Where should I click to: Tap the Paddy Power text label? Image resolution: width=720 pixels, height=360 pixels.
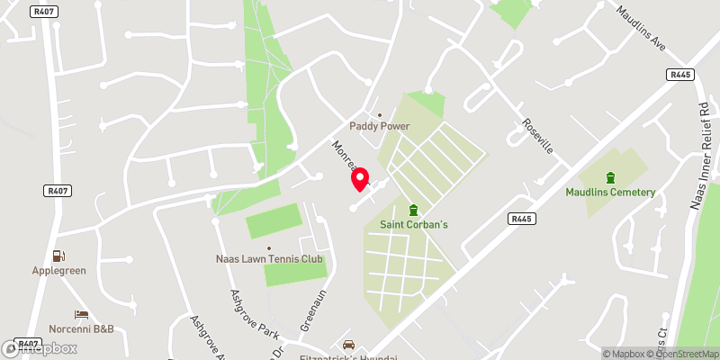pos(379,126)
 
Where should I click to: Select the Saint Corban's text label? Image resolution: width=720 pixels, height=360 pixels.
pos(414,223)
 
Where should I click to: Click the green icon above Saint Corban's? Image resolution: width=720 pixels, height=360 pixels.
pos(414,209)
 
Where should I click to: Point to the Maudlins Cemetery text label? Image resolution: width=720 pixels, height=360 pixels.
pos(610,192)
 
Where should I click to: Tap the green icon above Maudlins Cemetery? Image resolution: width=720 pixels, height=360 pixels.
pos(610,176)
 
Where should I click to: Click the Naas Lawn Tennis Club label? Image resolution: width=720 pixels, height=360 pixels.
pos(268,260)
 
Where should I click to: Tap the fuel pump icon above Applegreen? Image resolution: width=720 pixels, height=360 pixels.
pos(58,256)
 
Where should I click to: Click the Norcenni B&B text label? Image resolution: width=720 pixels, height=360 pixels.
pos(81,329)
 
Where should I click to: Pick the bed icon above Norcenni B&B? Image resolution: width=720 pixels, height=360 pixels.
pos(81,315)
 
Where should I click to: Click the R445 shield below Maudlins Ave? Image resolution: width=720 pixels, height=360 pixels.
pos(679,75)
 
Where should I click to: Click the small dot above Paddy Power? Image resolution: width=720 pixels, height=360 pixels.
pos(379,114)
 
